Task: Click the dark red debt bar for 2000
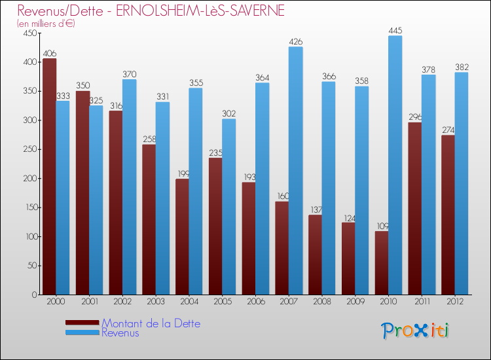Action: [x=49, y=177]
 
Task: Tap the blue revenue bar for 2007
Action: [x=295, y=171]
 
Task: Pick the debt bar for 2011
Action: [x=414, y=209]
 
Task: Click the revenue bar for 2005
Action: [x=228, y=207]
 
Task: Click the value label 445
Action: [x=395, y=30]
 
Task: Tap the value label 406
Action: [x=49, y=54]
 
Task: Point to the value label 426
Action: [x=295, y=42]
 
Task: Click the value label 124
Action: [x=348, y=217]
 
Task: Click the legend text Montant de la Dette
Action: [x=151, y=323]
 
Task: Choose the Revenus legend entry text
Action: [x=120, y=333]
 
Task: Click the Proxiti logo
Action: [x=416, y=331]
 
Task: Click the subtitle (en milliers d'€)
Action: [x=46, y=24]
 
